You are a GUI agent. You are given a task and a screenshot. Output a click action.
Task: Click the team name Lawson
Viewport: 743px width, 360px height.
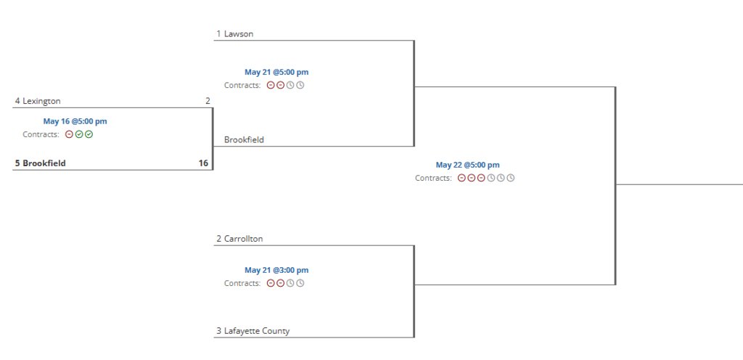click(x=239, y=33)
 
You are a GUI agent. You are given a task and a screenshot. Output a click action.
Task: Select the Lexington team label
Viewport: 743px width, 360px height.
click(x=41, y=101)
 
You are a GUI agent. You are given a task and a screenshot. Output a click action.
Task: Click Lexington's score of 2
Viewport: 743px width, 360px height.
click(x=208, y=101)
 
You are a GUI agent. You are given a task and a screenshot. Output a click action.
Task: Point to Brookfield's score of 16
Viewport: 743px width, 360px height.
click(x=203, y=163)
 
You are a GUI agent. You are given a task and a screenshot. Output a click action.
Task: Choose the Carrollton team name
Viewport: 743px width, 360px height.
click(x=243, y=239)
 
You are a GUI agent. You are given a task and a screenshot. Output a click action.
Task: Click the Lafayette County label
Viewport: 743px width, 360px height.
click(x=256, y=331)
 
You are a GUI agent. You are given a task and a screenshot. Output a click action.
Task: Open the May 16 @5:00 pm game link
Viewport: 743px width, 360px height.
click(x=75, y=121)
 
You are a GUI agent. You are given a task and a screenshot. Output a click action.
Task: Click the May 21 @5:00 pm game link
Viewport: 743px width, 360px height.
click(x=276, y=72)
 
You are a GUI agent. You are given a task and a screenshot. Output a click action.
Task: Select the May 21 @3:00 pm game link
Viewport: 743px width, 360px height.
click(x=276, y=270)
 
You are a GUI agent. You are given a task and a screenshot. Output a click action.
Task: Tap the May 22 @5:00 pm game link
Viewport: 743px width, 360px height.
click(x=467, y=165)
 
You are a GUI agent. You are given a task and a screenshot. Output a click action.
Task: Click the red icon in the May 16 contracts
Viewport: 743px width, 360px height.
click(x=70, y=134)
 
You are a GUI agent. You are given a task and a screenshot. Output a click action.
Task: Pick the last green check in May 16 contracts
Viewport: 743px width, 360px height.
click(x=89, y=134)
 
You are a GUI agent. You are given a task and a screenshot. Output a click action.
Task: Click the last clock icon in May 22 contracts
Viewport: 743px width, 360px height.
click(x=511, y=178)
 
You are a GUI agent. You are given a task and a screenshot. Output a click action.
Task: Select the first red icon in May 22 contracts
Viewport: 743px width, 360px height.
click(x=461, y=178)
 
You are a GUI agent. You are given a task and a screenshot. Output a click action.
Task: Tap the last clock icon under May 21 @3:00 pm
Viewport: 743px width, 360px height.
click(x=300, y=283)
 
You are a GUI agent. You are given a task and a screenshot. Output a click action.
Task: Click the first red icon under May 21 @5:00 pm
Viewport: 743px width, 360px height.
click(x=271, y=85)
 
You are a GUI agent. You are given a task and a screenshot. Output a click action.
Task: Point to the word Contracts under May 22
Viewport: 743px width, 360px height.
click(x=433, y=178)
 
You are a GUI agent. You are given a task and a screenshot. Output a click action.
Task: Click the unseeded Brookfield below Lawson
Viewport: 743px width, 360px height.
click(x=244, y=139)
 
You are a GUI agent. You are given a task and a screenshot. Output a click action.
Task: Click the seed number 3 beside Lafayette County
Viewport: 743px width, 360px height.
click(x=218, y=331)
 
